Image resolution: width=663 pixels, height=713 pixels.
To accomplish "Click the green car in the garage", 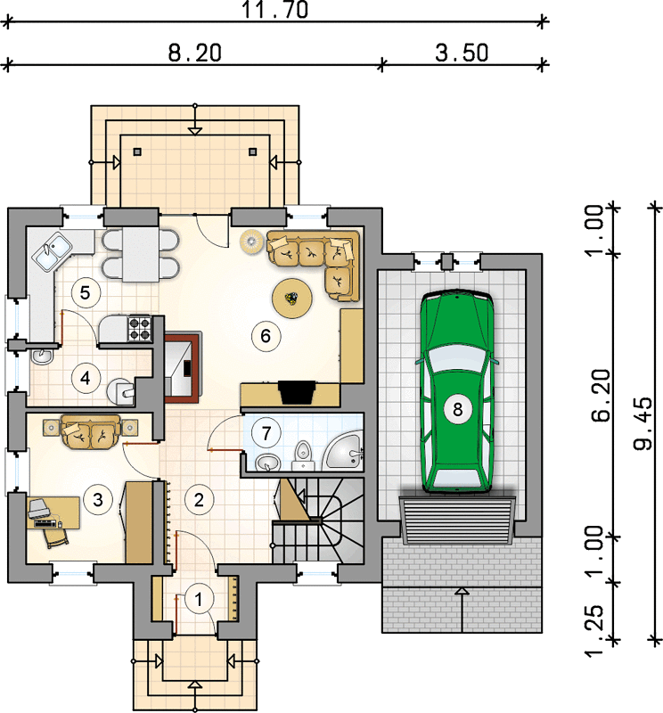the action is (x=457, y=392).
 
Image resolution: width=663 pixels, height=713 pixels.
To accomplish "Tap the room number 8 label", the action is (x=457, y=409).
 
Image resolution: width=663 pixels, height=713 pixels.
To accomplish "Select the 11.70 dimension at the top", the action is (x=275, y=10).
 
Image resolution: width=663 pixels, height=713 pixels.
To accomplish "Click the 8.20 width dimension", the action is (x=194, y=53).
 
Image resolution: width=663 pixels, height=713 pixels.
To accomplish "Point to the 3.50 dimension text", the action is (x=462, y=53).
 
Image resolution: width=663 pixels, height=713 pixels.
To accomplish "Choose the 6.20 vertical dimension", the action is (x=601, y=396).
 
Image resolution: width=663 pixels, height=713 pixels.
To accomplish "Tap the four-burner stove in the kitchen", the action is (x=140, y=329).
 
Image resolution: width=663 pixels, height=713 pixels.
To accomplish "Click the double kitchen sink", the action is (x=52, y=251).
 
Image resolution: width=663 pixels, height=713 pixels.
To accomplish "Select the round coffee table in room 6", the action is (x=292, y=299).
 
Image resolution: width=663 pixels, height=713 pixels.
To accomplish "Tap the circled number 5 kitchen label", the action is (x=85, y=292).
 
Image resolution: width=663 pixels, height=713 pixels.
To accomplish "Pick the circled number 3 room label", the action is (x=98, y=500).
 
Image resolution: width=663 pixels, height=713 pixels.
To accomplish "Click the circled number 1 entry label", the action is (x=198, y=600).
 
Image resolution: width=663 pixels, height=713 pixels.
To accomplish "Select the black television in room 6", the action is (x=298, y=391).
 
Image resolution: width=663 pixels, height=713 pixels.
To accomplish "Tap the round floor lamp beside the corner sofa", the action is (x=250, y=241).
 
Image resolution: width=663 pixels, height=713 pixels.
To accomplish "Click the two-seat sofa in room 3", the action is (x=91, y=430).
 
